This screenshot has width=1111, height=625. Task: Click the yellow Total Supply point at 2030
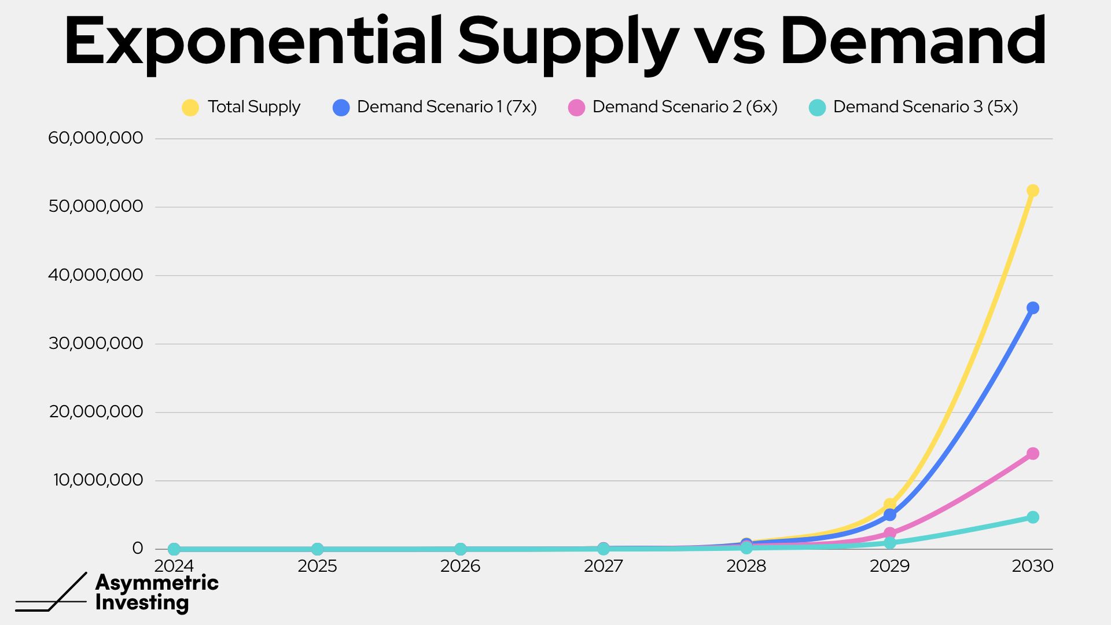click(1033, 190)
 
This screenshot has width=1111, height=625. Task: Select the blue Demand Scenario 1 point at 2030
click(1033, 308)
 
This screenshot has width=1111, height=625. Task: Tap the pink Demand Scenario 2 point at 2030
click(1033, 454)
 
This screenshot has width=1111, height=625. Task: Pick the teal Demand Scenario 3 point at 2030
click(1033, 517)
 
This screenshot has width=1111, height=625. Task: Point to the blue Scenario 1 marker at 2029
click(890, 514)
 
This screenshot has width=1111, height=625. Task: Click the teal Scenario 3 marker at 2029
click(890, 543)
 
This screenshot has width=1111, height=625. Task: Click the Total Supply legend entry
click(241, 107)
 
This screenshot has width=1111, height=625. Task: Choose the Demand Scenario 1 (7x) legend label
click(447, 107)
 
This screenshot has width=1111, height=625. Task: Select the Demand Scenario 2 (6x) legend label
click(685, 107)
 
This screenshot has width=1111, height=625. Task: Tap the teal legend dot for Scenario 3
click(817, 108)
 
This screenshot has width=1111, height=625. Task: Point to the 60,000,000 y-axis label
click(95, 138)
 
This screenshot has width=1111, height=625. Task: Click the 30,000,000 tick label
click(95, 343)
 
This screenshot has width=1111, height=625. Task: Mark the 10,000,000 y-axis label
click(98, 480)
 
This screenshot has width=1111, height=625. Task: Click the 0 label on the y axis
click(137, 548)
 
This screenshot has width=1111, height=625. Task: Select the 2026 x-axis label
click(460, 566)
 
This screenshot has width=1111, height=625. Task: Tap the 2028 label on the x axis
click(746, 566)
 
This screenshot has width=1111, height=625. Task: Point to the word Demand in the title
click(913, 41)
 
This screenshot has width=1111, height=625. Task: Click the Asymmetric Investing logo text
click(157, 592)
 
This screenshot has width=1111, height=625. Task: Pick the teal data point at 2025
click(317, 549)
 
